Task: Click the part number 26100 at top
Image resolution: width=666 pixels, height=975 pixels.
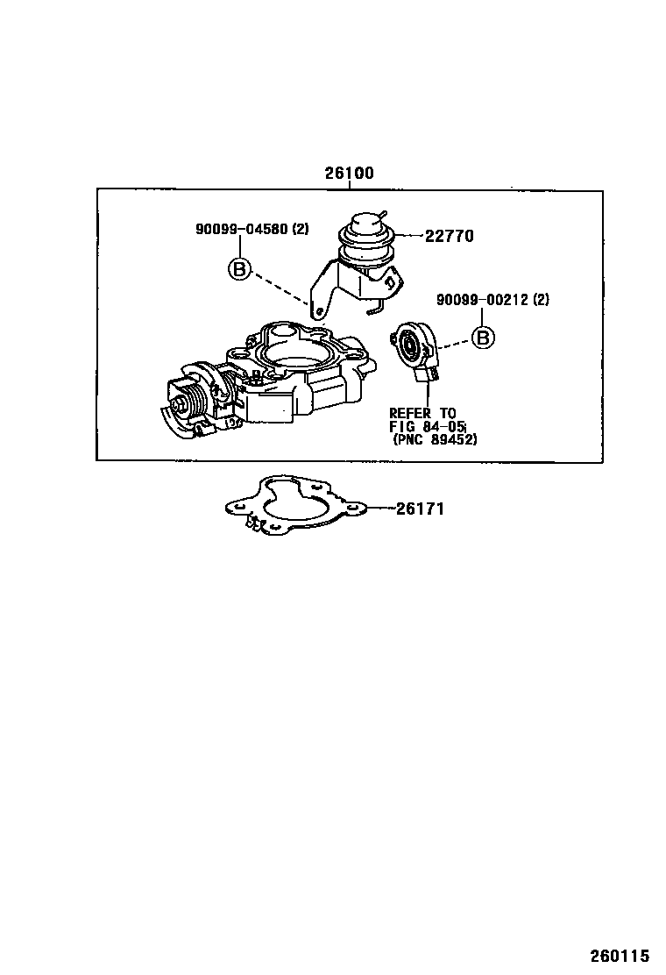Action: click(x=350, y=174)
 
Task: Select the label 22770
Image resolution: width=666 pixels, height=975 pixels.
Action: click(x=450, y=236)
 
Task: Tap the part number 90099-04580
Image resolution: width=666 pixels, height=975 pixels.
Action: click(x=239, y=230)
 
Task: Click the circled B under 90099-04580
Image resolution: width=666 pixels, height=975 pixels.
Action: click(x=239, y=268)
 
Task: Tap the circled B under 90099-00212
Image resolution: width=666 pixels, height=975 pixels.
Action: click(x=483, y=337)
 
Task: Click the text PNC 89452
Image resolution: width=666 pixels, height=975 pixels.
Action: click(x=436, y=440)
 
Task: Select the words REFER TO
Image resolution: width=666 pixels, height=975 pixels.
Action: click(x=422, y=413)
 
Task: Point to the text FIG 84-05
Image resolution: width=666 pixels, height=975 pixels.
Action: click(x=428, y=427)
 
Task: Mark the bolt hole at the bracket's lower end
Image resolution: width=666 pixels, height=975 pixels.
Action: click(x=320, y=310)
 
